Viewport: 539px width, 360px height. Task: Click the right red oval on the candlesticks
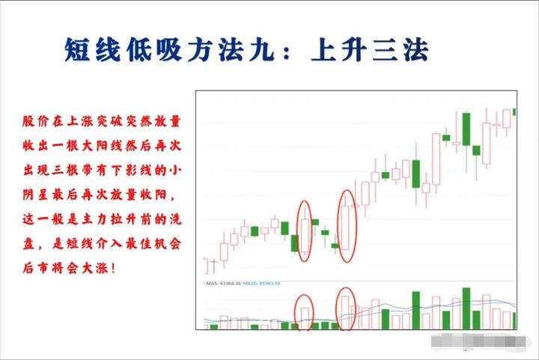click(347, 226)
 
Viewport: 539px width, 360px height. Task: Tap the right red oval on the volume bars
click(345, 305)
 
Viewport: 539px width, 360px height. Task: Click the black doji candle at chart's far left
click(214, 264)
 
